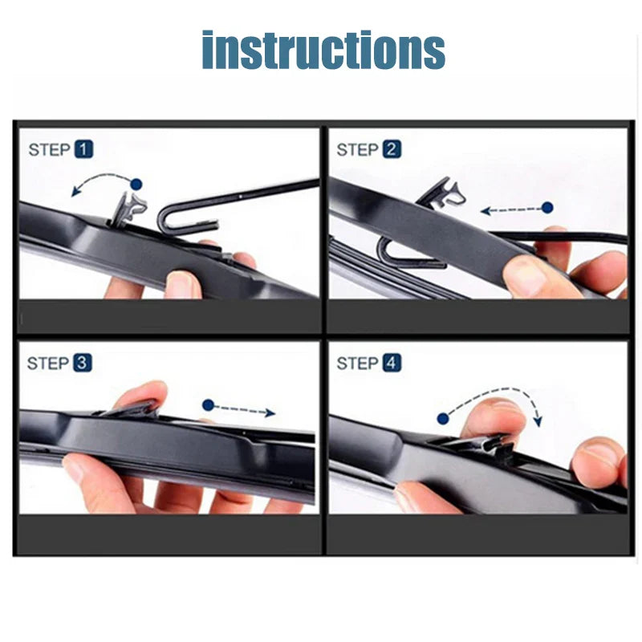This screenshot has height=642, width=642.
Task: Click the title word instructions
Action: [323, 51]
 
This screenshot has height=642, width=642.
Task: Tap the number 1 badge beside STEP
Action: [84, 149]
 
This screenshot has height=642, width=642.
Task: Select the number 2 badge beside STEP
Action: [392, 149]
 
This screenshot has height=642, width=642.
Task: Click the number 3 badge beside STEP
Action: [83, 364]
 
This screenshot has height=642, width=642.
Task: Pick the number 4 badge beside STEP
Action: [391, 364]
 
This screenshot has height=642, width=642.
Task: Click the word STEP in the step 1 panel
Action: [49, 149]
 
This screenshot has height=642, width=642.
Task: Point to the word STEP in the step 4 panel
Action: [357, 364]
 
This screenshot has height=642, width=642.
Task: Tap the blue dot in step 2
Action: [547, 207]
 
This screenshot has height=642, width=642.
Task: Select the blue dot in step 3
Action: [208, 405]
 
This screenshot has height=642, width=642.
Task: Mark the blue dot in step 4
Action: [442, 418]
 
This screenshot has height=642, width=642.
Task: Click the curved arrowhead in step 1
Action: [75, 192]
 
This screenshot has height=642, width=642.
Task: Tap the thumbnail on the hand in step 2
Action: [525, 276]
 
